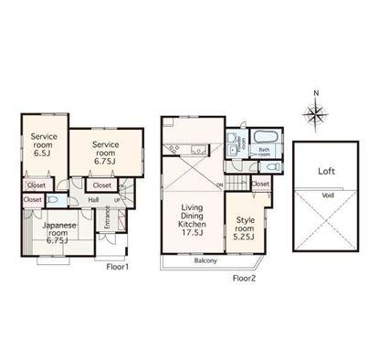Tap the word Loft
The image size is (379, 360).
pyautogui.click(x=327, y=170)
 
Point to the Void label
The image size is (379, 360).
pyautogui.click(x=327, y=195)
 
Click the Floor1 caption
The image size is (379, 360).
pyautogui.click(x=118, y=267)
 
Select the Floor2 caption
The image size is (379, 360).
pyautogui.click(x=244, y=277)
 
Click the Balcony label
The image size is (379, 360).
pyautogui.click(x=205, y=260)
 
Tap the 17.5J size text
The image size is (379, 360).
pyautogui.click(x=192, y=234)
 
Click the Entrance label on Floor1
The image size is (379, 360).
pyautogui.click(x=108, y=219)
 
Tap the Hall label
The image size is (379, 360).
pyautogui.click(x=93, y=200)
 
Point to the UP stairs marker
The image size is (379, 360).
pyautogui.click(x=116, y=200)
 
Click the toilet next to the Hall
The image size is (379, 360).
pyautogui.click(x=53, y=198)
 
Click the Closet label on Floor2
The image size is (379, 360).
pyautogui.click(x=260, y=184)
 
